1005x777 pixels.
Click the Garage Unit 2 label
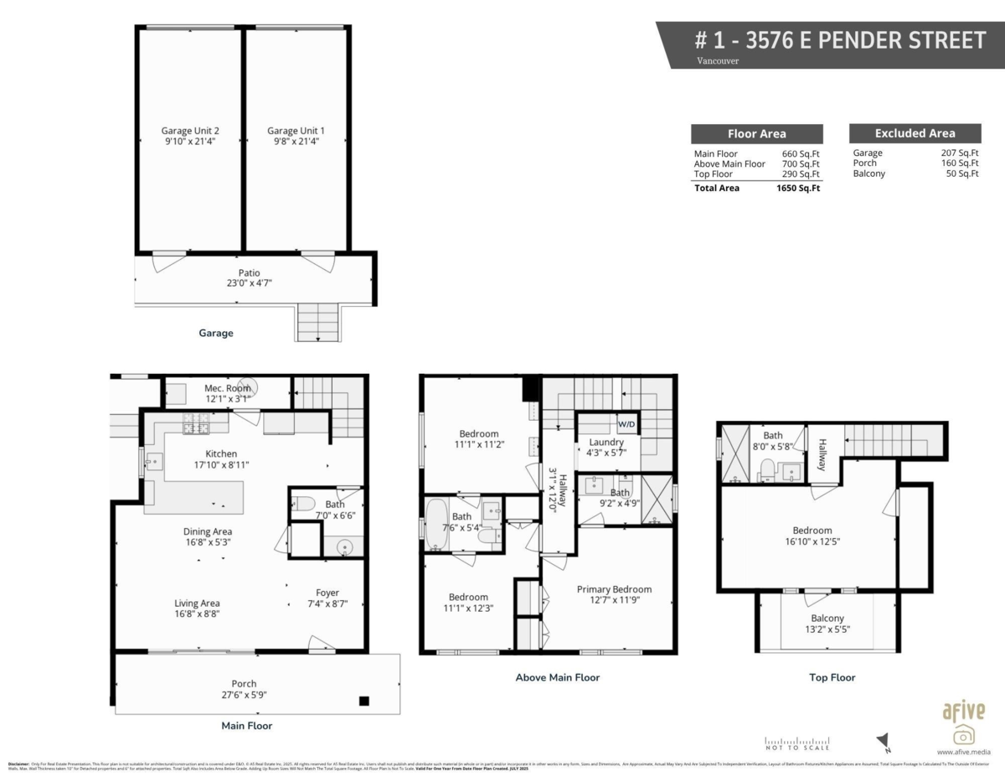(x=190, y=131)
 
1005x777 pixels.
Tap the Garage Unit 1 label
(x=296, y=131)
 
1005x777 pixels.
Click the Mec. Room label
(x=227, y=388)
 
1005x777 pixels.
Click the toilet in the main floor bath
(x=304, y=505)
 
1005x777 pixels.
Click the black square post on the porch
(x=363, y=701)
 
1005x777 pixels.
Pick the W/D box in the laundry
(x=626, y=422)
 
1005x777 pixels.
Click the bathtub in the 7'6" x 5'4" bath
(x=437, y=526)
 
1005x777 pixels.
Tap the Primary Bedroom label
(x=614, y=589)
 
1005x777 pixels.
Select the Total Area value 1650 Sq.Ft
(x=797, y=189)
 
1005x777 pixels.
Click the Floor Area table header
(x=756, y=134)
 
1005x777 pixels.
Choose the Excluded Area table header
(x=915, y=133)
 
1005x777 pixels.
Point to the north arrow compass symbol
(x=883, y=741)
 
